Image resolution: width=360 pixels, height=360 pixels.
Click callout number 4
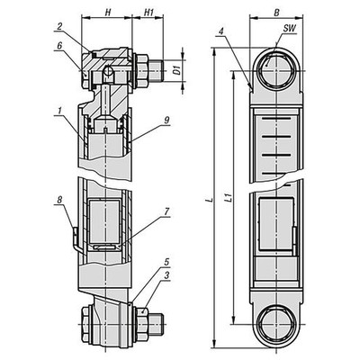(220, 32)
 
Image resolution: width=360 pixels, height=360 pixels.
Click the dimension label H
(109, 12)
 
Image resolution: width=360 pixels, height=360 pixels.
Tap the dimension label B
(276, 12)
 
